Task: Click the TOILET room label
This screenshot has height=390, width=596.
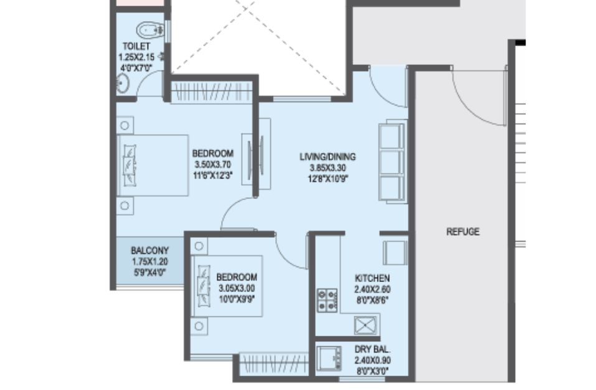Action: point(136,46)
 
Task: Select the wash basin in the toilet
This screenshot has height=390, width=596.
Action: point(123,83)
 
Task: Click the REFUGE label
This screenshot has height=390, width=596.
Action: point(463,232)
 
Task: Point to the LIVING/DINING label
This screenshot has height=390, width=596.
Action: point(328,157)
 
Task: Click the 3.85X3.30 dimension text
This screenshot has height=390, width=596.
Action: point(328,168)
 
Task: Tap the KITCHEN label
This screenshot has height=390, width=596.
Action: point(372,278)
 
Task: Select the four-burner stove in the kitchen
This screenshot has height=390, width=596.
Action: point(327,300)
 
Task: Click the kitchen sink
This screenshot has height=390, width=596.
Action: point(366,325)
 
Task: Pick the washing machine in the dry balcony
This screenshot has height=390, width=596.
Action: point(329,358)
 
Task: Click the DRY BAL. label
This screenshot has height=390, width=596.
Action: point(372,349)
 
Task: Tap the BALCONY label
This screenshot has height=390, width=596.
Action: point(149,251)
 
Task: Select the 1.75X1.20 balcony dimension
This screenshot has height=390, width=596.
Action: point(149,261)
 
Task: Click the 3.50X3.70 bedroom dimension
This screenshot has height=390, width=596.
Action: point(212,165)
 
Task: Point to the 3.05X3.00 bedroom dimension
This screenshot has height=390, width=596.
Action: point(237,288)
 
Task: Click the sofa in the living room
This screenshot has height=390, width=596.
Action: point(392,162)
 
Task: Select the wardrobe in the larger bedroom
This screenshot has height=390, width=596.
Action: point(211,92)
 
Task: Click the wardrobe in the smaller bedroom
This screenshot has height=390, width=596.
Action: point(273,364)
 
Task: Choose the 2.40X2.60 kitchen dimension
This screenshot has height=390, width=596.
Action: point(372,290)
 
